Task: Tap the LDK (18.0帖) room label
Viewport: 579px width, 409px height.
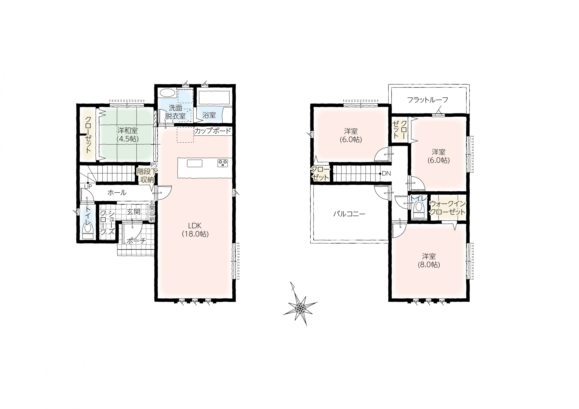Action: coord(195,230)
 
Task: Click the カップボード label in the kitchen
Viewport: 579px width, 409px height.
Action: coord(213,131)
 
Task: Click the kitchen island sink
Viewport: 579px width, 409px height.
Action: coord(195,163)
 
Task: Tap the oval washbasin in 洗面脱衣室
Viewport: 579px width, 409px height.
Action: coord(167,93)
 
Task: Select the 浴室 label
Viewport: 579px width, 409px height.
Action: coord(209,115)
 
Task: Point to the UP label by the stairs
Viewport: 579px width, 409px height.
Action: coord(88,187)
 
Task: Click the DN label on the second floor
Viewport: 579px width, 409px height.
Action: coord(386,173)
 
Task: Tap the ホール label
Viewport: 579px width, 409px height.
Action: coord(117,193)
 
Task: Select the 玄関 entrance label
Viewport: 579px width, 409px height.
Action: coord(133,212)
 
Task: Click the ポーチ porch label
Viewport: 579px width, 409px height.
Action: coord(136,241)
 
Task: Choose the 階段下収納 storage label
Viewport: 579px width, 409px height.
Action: coord(147,176)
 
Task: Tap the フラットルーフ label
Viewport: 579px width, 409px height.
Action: coord(428,100)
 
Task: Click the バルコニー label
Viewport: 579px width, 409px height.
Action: coord(349,214)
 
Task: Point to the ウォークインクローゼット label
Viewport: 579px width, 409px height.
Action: coord(447,208)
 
